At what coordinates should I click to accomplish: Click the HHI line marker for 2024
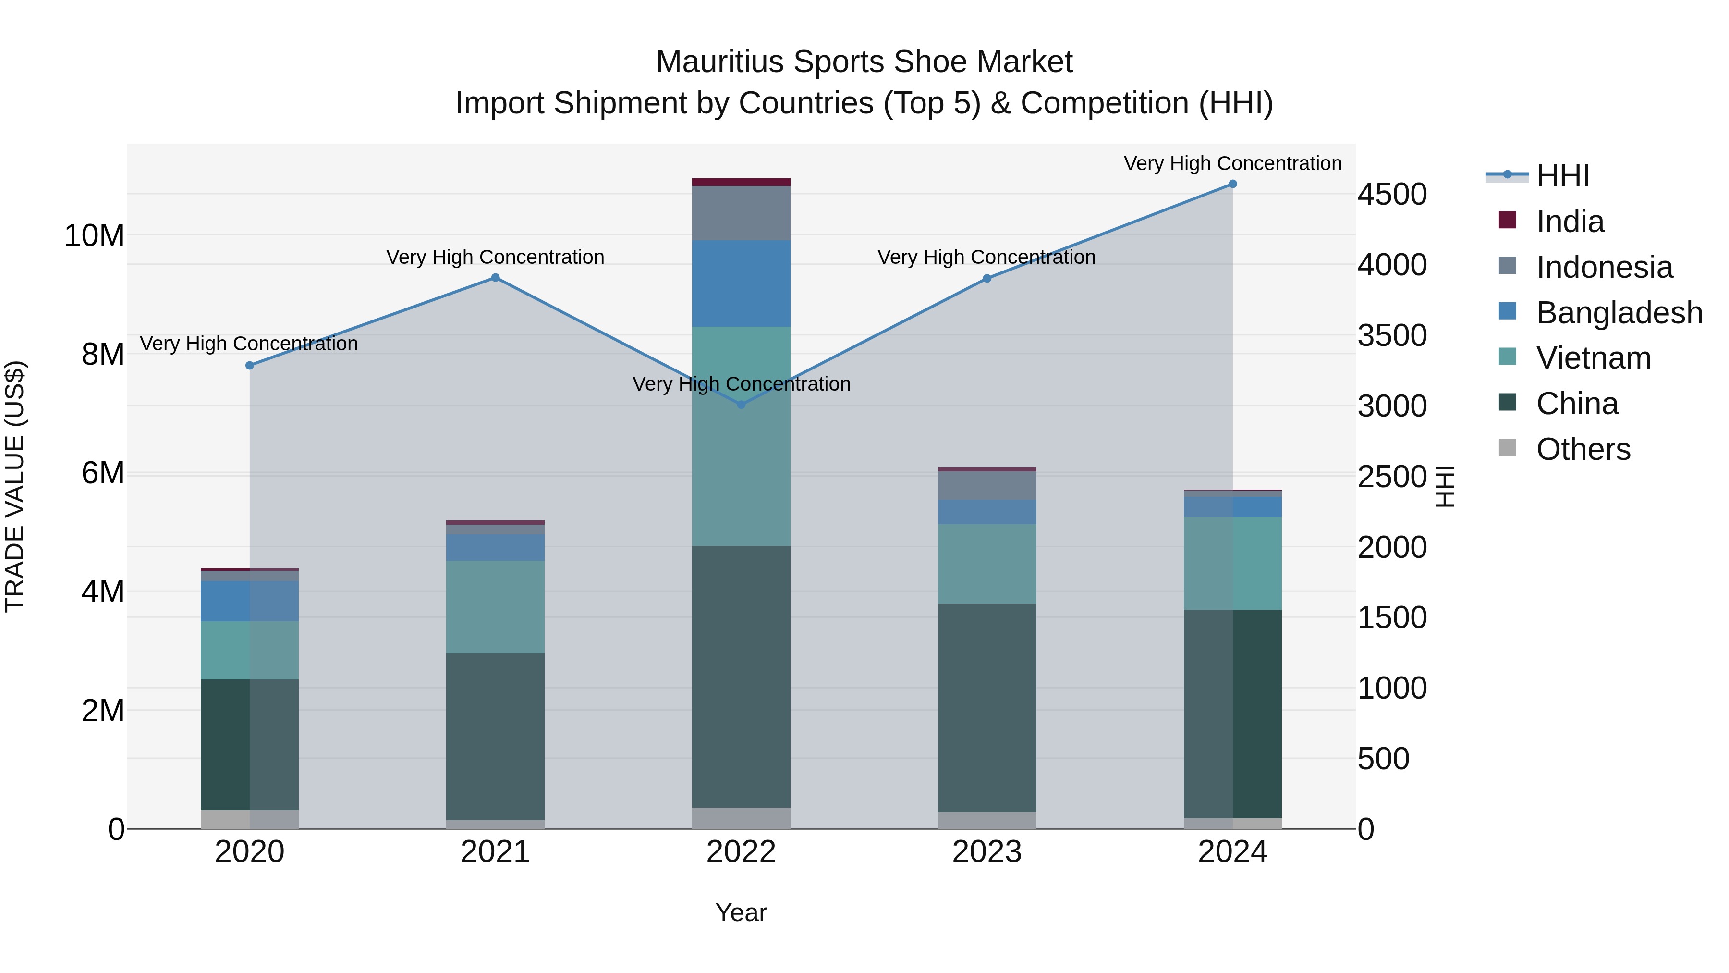point(1232,184)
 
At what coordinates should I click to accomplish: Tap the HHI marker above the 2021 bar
point(495,277)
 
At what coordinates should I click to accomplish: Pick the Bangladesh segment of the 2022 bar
point(741,283)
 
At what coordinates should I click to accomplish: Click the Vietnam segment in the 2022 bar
point(741,436)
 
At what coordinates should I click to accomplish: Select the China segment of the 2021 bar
point(495,737)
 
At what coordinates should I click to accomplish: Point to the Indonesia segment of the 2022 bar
point(741,213)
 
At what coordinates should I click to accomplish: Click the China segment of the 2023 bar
point(986,708)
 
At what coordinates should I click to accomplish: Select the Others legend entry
point(1583,449)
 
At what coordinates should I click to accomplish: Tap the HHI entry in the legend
point(1562,176)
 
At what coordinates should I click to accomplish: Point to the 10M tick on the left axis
point(95,236)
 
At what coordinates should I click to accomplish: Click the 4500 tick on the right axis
point(1392,195)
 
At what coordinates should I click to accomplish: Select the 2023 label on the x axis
point(986,852)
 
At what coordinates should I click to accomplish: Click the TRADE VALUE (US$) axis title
point(15,486)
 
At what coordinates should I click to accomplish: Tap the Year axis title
point(741,912)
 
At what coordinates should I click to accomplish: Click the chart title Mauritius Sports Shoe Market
point(864,62)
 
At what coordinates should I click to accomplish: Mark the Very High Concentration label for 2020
point(249,344)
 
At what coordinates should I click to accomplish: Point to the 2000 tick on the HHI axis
point(1392,547)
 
